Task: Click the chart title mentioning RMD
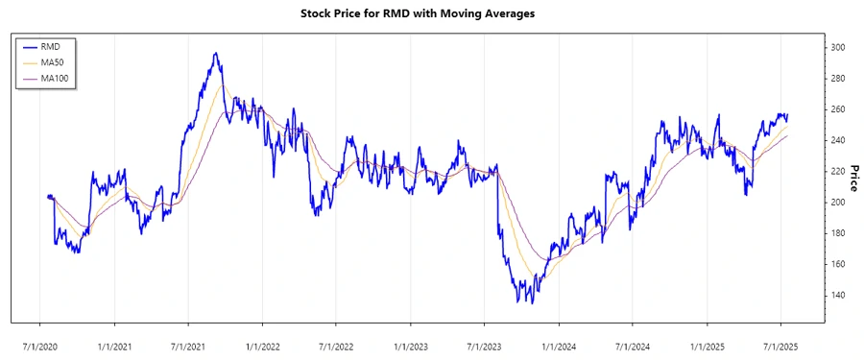[x=431, y=14]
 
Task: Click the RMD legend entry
[x=50, y=46]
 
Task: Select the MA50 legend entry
[x=52, y=61]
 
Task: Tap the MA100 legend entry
[x=54, y=77]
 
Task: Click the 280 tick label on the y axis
[x=838, y=79]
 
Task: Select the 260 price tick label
[x=838, y=109]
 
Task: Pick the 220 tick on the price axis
[x=838, y=172]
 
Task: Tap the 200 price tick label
[x=838, y=203]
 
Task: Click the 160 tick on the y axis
[x=838, y=264]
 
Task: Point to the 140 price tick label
[x=838, y=295]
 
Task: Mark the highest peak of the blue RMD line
[x=216, y=54]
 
